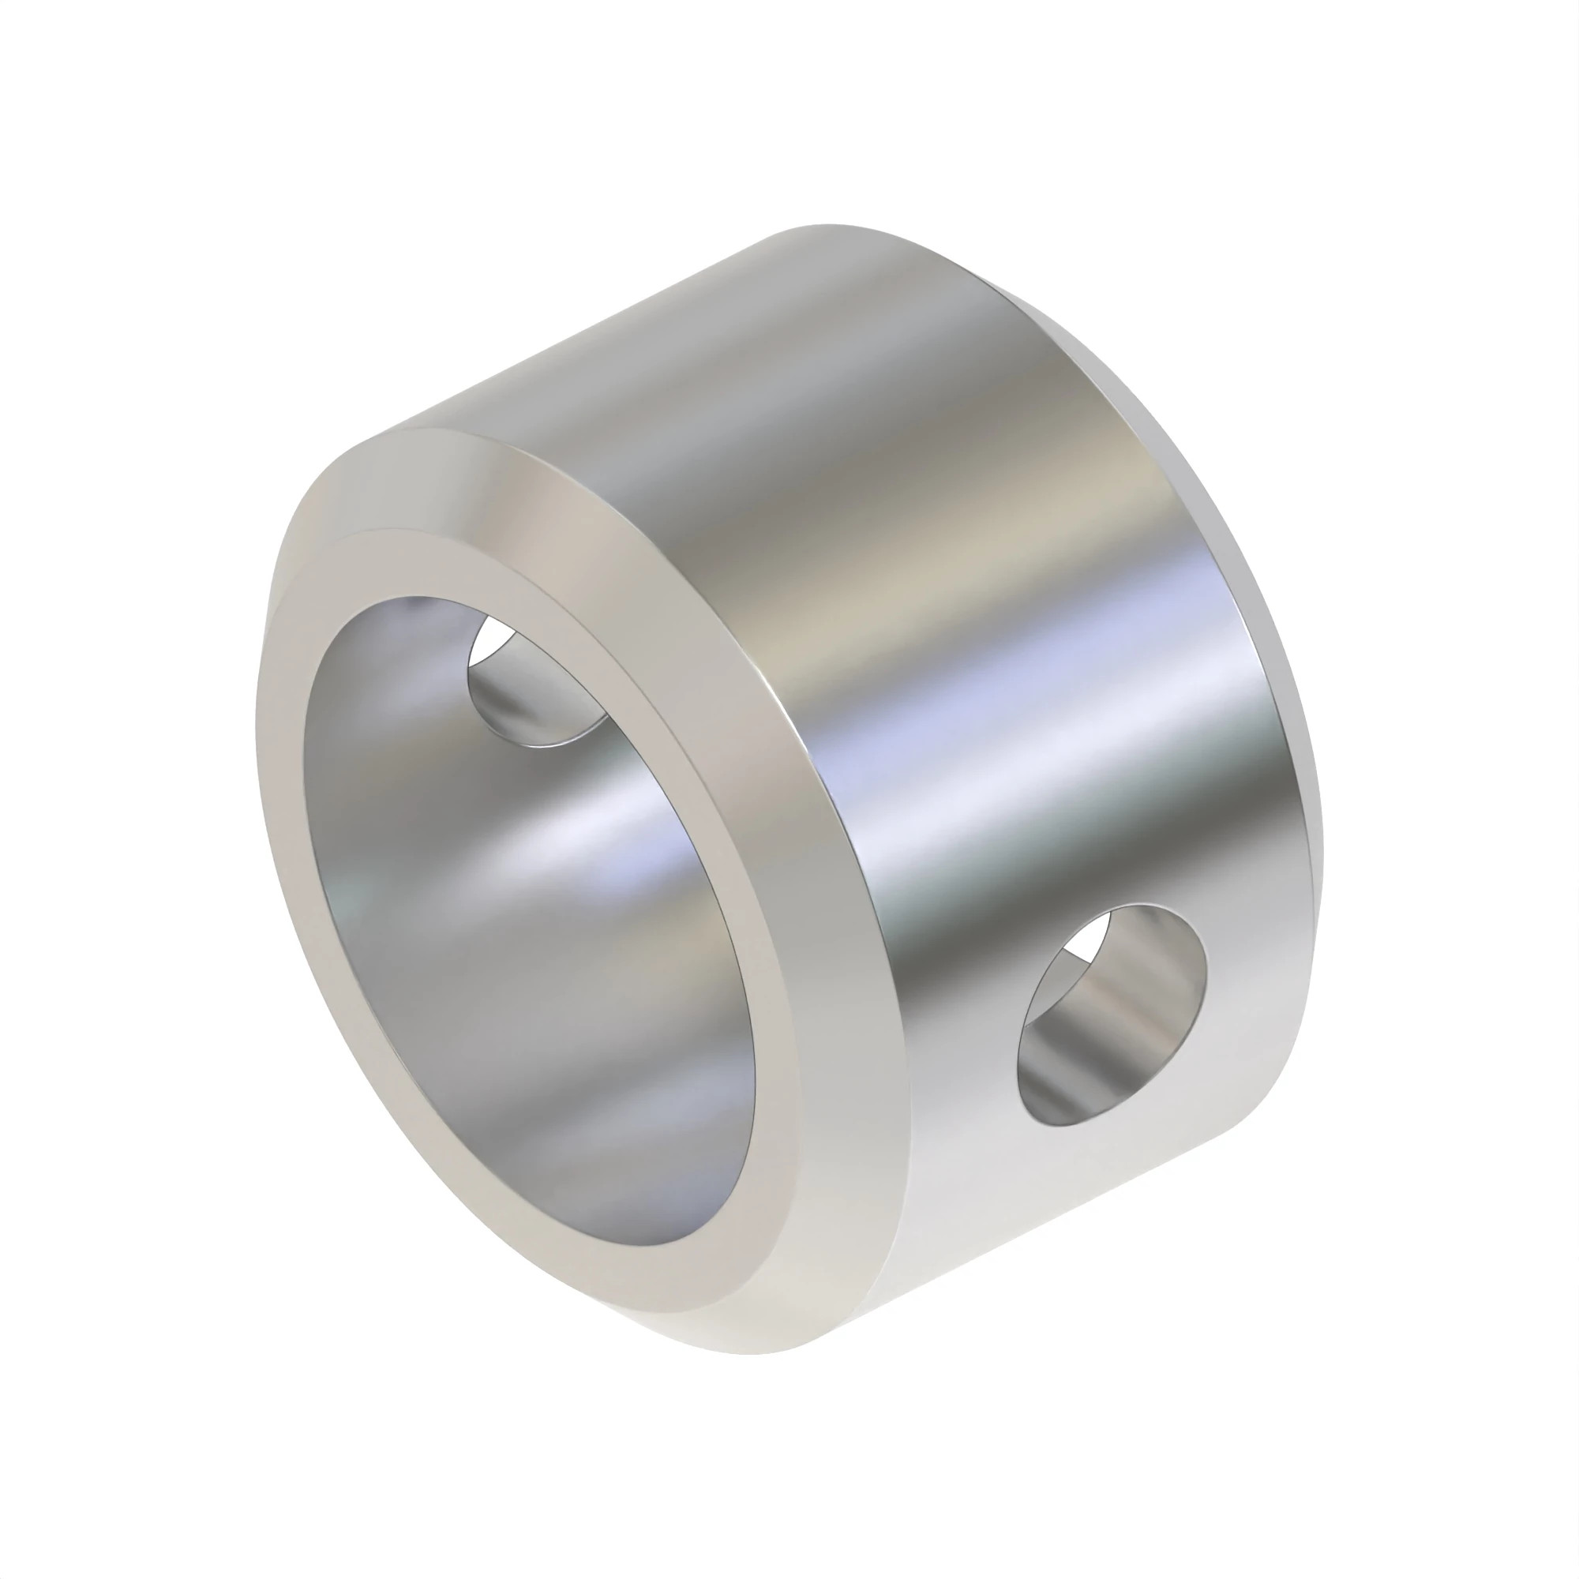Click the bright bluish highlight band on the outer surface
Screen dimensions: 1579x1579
coord(1022,719)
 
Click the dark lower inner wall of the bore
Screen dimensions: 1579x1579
coord(572,1144)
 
